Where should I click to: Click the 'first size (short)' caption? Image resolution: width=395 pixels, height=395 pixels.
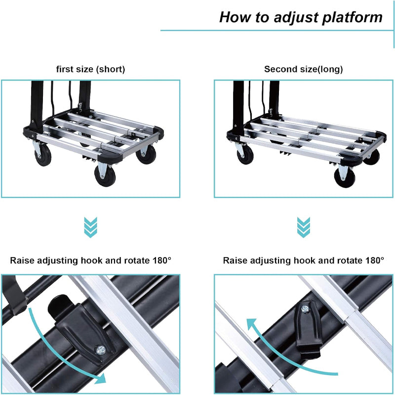coord(90,69)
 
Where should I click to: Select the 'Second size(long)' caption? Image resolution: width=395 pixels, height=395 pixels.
coord(304,69)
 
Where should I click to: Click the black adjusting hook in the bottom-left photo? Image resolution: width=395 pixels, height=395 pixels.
coord(81,328)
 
